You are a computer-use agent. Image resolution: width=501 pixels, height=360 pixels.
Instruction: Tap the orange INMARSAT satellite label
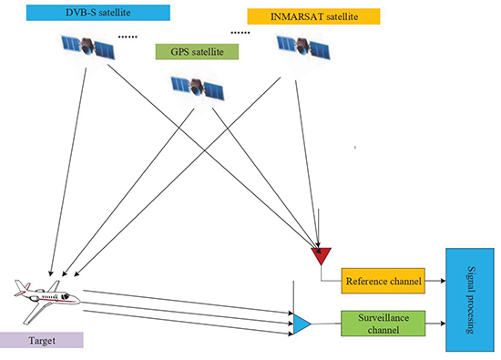click(301, 17)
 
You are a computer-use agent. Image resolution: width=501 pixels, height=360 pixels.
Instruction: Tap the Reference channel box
click(383, 283)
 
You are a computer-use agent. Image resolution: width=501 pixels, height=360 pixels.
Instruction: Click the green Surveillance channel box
click(383, 324)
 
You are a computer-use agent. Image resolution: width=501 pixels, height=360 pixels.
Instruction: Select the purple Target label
click(41, 339)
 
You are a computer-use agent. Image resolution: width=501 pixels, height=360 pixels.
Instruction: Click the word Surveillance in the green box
click(383, 318)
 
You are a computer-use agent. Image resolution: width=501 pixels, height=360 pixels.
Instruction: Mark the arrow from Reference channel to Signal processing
click(435, 283)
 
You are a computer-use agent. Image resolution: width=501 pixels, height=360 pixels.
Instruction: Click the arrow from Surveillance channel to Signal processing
click(435, 324)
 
